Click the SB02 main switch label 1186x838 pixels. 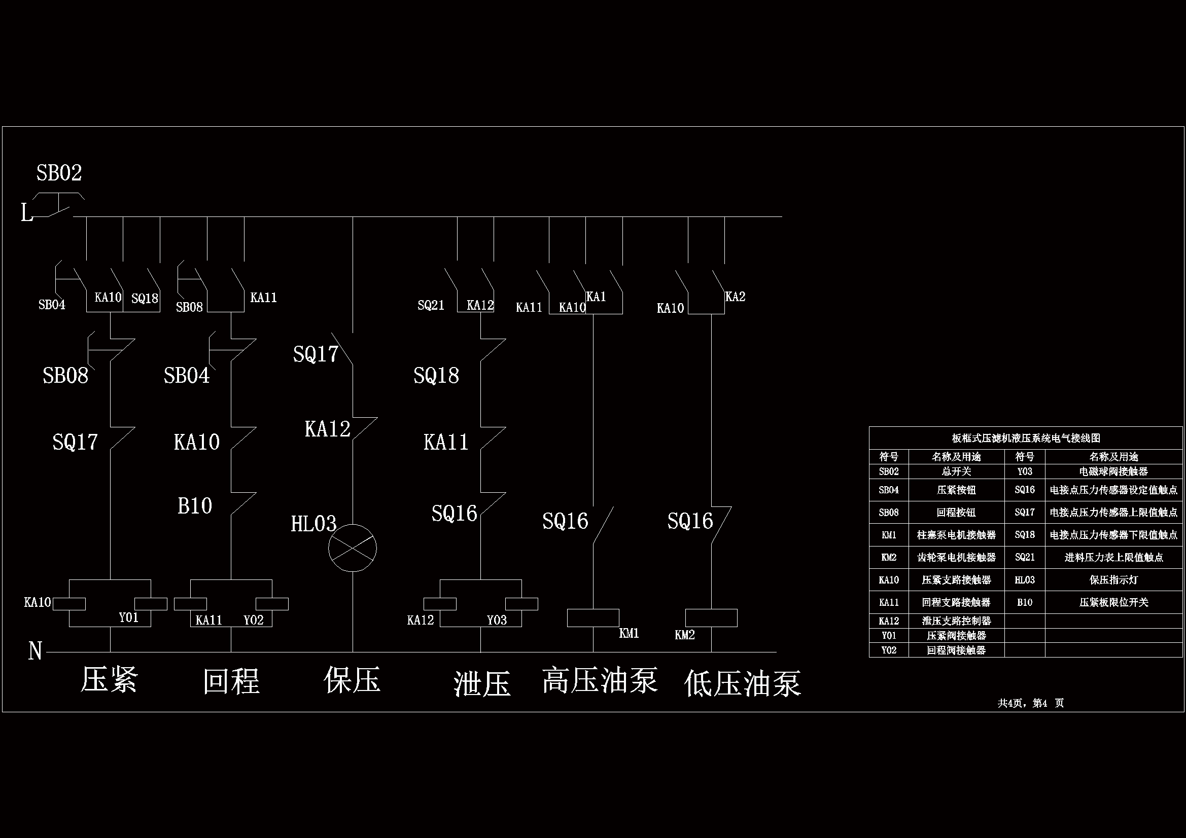[x=59, y=173]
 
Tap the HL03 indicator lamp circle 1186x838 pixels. [x=352, y=548]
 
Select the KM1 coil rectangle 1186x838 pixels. [x=593, y=617]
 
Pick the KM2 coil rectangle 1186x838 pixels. [x=711, y=617]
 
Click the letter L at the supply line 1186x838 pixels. [x=26, y=213]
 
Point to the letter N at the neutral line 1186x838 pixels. [x=35, y=651]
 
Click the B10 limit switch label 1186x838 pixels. [x=195, y=506]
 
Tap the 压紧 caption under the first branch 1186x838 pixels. [x=109, y=679]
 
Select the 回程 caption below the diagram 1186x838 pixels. [x=231, y=681]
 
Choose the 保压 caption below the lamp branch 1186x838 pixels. [x=352, y=680]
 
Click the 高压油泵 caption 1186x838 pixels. [x=600, y=680]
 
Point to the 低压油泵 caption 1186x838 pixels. [x=742, y=683]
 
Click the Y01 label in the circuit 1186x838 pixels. [x=129, y=617]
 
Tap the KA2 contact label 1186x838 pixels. [x=735, y=297]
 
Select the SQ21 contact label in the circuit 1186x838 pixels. [x=431, y=305]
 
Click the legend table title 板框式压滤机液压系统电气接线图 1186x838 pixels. [x=1026, y=438]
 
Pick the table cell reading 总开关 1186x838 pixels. [x=956, y=471]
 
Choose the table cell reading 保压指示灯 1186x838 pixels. [x=1113, y=580]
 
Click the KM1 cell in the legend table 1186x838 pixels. [x=888, y=535]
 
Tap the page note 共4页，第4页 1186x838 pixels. [x=1030, y=703]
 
